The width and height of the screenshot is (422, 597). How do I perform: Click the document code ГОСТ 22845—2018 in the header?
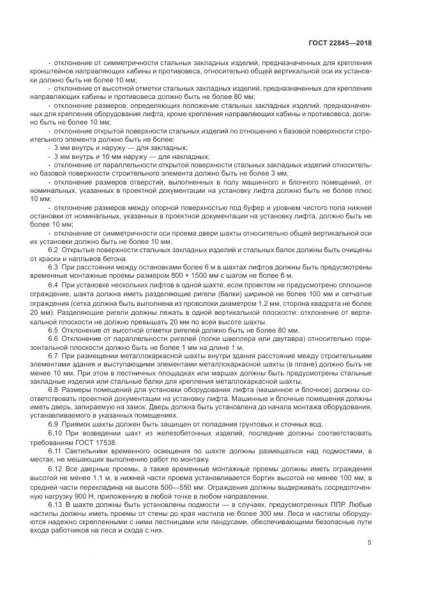pos(340,43)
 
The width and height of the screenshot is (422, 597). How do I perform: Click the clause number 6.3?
pos(54,266)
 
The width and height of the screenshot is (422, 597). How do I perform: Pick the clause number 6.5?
pos(54,330)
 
